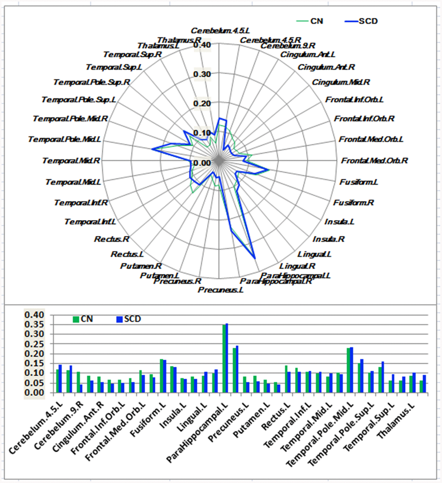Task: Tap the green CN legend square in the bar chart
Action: (76, 319)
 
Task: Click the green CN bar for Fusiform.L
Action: (162, 376)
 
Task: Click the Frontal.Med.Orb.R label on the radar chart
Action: (374, 161)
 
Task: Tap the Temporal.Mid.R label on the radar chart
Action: (71, 161)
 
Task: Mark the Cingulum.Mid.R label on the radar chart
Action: (341, 82)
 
